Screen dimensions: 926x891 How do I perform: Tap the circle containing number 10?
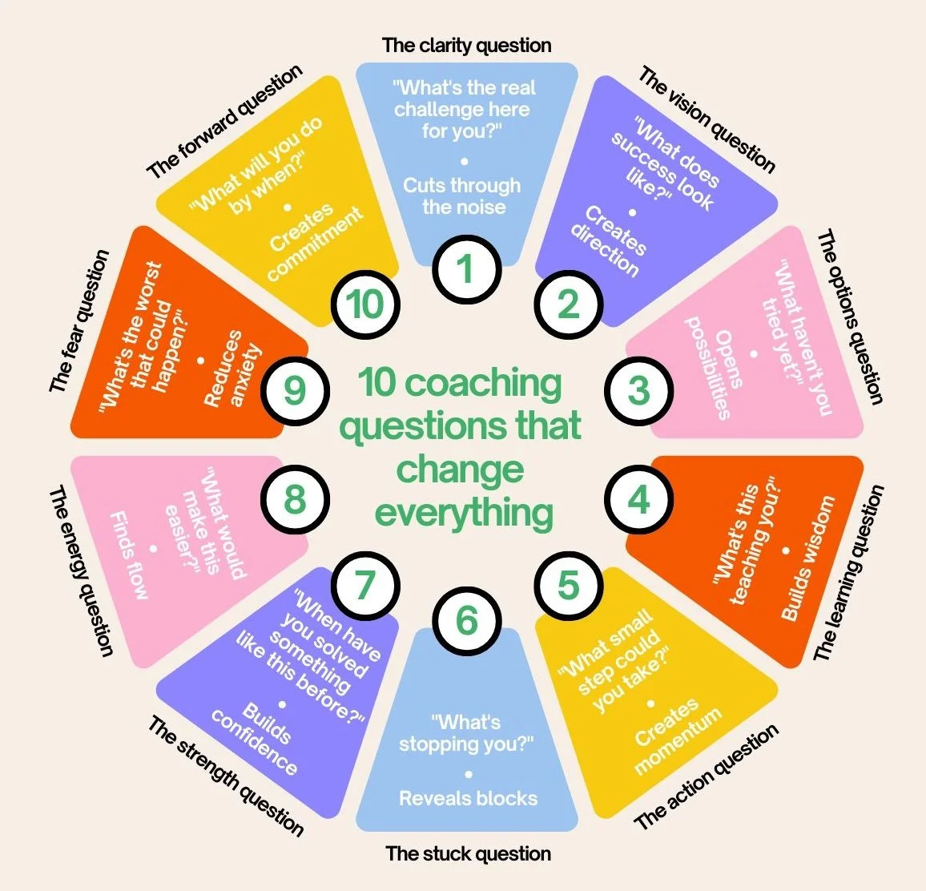point(366,304)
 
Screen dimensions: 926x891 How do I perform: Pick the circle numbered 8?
point(295,500)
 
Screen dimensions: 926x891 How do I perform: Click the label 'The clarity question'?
point(466,45)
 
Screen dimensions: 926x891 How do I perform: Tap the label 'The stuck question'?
point(468,853)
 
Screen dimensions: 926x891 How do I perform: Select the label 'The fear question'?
point(79,321)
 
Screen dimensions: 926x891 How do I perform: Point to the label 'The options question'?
point(851,317)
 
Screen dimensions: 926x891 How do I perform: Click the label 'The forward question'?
point(225,120)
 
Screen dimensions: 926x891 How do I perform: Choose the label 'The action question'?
point(706,777)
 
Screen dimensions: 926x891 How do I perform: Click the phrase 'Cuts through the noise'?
point(463,196)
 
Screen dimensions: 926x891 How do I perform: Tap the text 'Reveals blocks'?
point(468,798)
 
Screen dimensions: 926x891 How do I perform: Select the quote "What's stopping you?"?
point(466,733)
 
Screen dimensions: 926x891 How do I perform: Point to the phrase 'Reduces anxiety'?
point(233,369)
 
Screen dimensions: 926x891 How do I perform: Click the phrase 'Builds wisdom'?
point(807,558)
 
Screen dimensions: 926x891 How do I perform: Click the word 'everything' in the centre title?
point(464,512)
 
